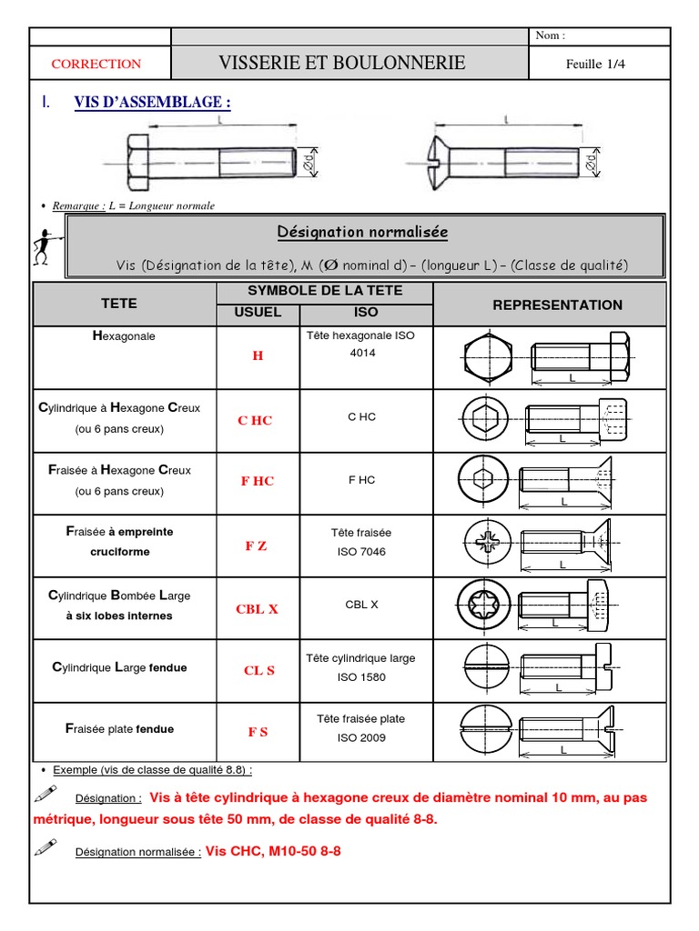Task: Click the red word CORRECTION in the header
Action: (x=96, y=64)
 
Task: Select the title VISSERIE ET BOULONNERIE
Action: (x=342, y=63)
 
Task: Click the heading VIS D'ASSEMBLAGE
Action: (x=152, y=103)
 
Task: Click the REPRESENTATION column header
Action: (x=557, y=305)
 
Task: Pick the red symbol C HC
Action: (x=255, y=420)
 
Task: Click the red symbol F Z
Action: (x=256, y=546)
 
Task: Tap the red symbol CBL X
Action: (x=257, y=609)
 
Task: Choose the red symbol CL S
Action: (x=258, y=670)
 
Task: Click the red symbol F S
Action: (x=258, y=732)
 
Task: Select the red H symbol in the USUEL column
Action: (x=258, y=355)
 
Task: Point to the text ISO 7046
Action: (x=361, y=552)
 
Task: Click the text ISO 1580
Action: (x=361, y=677)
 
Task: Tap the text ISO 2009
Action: (x=361, y=737)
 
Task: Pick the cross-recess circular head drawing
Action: (x=483, y=545)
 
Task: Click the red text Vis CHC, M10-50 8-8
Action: (x=273, y=851)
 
